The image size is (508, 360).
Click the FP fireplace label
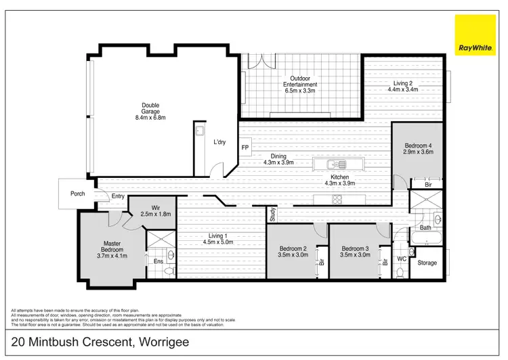(x=245, y=147)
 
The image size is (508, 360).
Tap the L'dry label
(x=219, y=142)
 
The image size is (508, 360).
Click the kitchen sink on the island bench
(x=335, y=164)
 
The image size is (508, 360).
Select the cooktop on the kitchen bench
(x=337, y=198)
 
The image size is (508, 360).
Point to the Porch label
(x=78, y=194)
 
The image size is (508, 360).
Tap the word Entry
(x=119, y=197)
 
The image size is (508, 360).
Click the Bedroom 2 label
(x=293, y=248)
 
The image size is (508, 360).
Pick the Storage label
(x=427, y=263)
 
